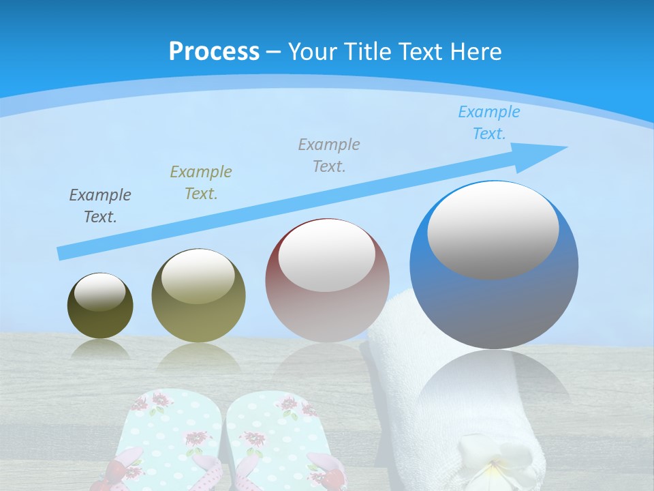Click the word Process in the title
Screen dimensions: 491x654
(214, 51)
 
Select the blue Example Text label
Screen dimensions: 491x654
(489, 123)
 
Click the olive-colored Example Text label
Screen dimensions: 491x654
(201, 182)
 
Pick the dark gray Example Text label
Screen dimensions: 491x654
(100, 206)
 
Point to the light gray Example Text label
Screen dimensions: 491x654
(329, 155)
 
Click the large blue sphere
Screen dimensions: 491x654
(494, 300)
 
